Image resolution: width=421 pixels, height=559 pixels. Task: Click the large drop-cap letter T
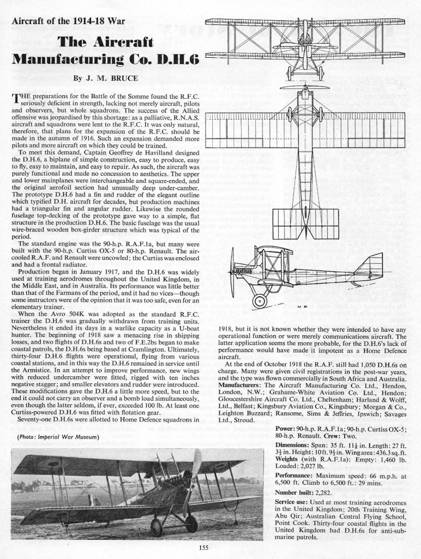coord(15,99)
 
